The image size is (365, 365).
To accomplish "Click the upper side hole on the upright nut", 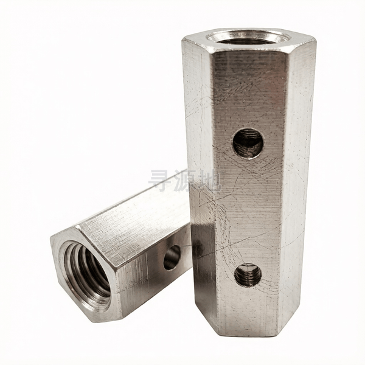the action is [248, 144].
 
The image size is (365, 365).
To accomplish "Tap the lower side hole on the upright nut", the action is [248, 276].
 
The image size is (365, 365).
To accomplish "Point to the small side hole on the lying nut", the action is [172, 258].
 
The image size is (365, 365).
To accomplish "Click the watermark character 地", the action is [209, 181].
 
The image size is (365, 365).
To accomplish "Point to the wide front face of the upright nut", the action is [248, 193].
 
